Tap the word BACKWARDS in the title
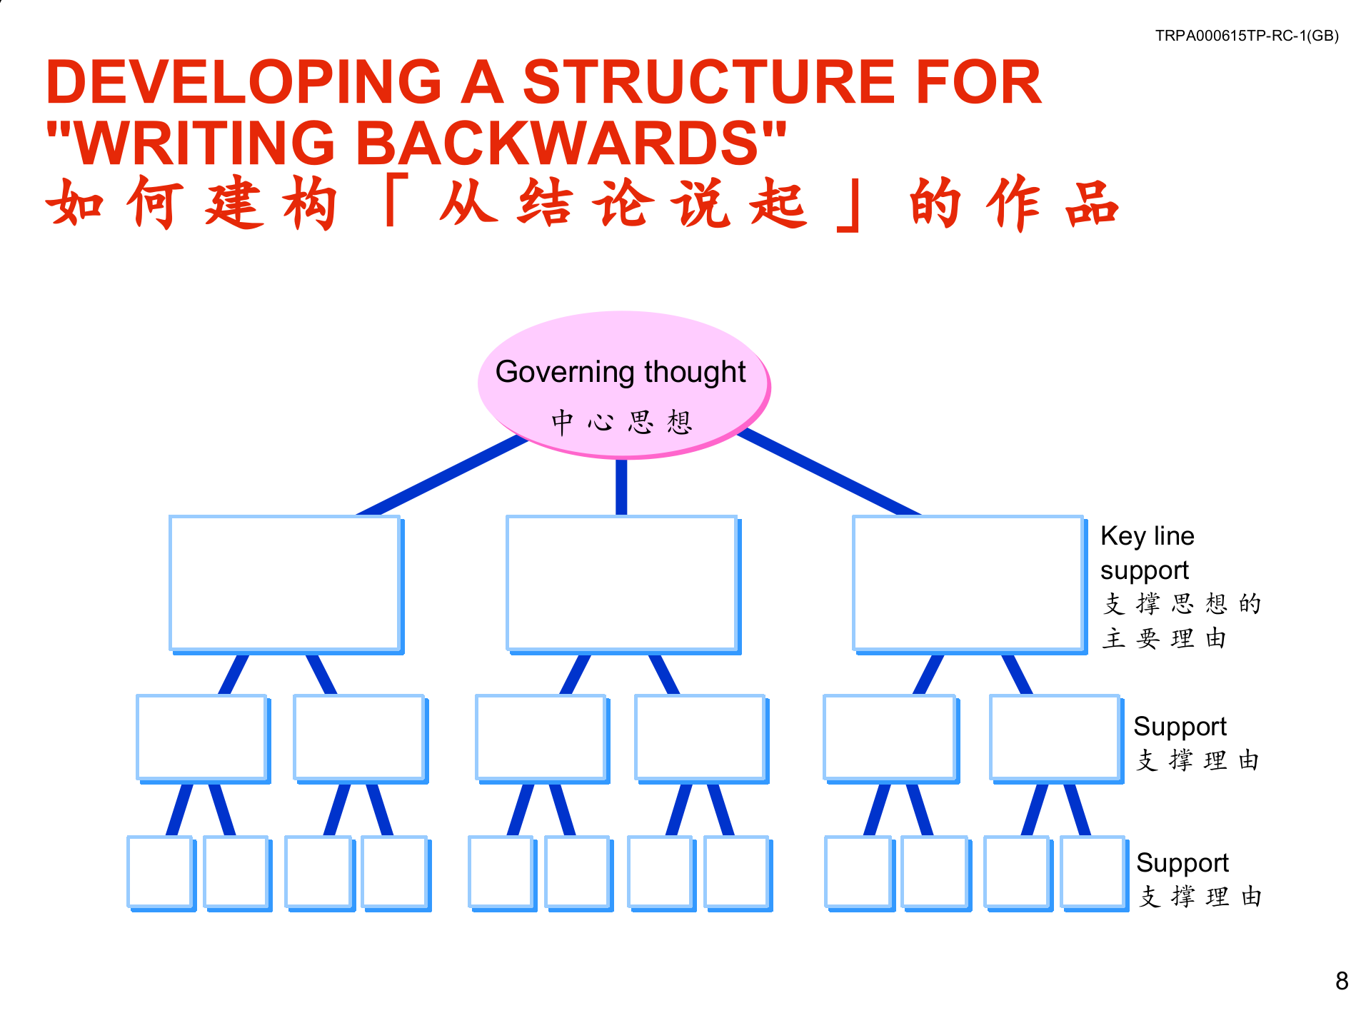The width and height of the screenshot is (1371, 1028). coord(557,143)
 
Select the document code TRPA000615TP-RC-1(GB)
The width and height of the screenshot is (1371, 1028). coord(1247,36)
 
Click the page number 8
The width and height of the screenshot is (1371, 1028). coord(1342,981)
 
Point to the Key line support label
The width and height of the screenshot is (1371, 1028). coord(1147,553)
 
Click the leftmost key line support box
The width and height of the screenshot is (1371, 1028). coord(284,583)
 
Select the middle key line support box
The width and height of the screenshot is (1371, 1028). coord(621,583)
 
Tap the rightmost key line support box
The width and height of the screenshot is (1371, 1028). coord(968,583)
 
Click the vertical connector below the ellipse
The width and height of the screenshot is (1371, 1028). coord(621,487)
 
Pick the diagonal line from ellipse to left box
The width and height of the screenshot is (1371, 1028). coord(443,475)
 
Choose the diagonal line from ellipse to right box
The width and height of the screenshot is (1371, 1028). coord(828,473)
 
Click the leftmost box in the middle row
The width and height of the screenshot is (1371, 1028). coord(201,737)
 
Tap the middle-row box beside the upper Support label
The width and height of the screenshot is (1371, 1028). coord(1054,737)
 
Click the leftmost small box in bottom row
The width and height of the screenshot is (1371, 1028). coord(159,871)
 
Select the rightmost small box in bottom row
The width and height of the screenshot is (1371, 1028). coord(1093,871)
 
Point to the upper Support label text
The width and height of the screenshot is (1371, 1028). coord(1180,727)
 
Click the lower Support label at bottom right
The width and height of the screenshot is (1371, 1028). coord(1182,863)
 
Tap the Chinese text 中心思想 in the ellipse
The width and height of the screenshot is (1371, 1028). coord(621,422)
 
